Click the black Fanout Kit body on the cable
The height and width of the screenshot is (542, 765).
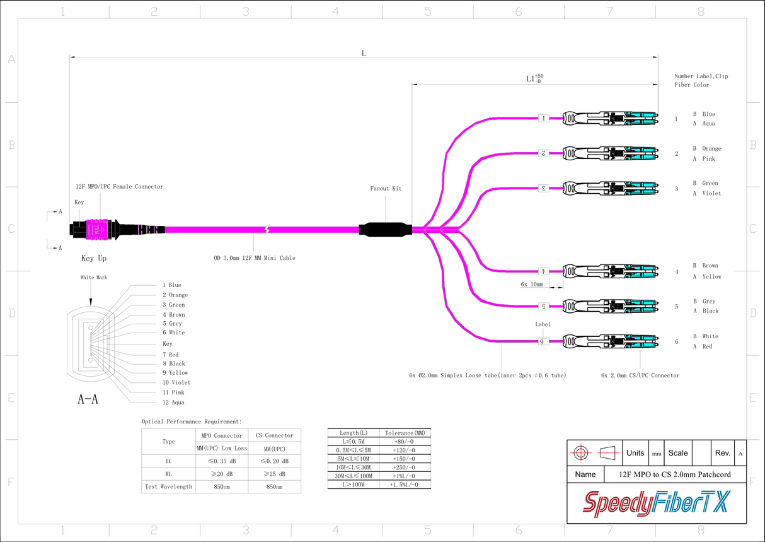tap(385, 229)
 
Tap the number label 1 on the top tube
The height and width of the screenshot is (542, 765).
tap(544, 118)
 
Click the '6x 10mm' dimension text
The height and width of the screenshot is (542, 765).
tap(532, 285)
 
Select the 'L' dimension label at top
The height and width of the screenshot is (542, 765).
tap(364, 53)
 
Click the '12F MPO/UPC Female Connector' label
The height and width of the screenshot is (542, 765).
tap(119, 187)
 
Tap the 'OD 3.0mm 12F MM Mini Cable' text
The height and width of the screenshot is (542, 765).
tap(255, 258)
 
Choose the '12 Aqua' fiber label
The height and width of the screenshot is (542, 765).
tap(173, 403)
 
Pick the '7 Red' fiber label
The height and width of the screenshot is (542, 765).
tap(170, 355)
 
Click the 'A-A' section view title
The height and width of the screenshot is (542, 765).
tap(88, 399)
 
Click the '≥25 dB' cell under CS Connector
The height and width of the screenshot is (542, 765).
tap(275, 474)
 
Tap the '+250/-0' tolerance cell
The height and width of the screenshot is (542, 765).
tap(404, 467)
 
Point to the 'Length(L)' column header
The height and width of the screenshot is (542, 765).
tap(354, 433)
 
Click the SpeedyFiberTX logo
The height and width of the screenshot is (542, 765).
tap(656, 503)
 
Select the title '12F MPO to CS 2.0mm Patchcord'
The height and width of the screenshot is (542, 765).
tap(674, 474)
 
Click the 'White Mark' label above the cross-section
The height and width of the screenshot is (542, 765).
tap(93, 278)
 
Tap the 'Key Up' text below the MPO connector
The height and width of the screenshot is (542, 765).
tap(94, 259)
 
